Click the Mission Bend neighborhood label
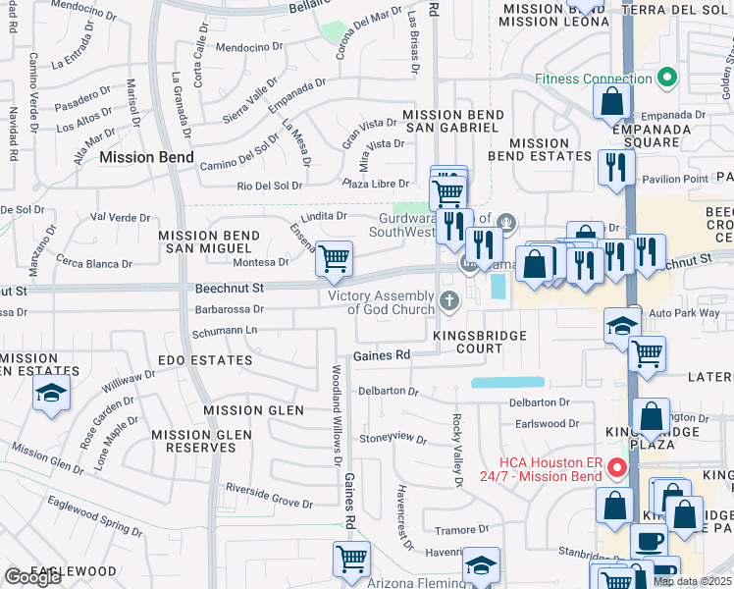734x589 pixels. [x=140, y=157]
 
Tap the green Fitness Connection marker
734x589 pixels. [x=667, y=77]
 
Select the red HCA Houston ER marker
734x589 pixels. [x=617, y=467]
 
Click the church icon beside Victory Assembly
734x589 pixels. [x=450, y=301]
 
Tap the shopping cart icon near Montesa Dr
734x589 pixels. [x=335, y=258]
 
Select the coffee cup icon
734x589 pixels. [x=648, y=540]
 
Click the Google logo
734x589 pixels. [x=32, y=577]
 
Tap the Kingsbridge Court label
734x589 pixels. [x=481, y=336]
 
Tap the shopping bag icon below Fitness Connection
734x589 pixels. [x=612, y=100]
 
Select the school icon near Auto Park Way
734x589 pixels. [x=621, y=325]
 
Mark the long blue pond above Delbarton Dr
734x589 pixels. [x=506, y=382]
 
